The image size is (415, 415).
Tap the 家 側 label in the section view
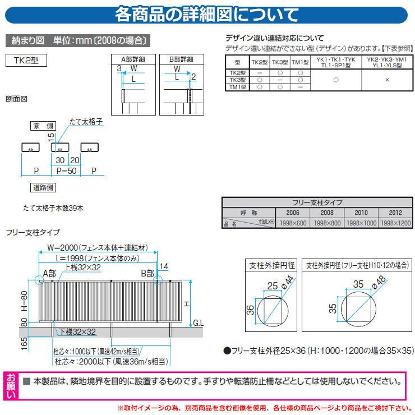[42, 127]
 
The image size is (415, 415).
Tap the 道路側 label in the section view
[42, 187]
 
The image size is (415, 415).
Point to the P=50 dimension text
[66, 170]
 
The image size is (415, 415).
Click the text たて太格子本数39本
[53, 208]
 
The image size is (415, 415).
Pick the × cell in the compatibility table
[387, 80]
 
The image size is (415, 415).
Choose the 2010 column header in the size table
[361, 213]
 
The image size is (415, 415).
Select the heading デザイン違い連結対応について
[274, 38]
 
